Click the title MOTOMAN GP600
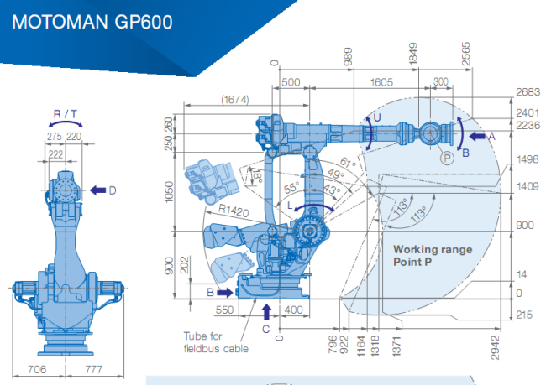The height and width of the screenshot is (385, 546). tap(92, 22)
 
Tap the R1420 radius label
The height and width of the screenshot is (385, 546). tap(234, 210)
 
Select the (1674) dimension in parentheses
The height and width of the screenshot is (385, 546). tap(235, 100)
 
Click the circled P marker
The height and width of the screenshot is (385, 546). tap(447, 159)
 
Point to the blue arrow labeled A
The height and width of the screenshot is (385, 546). tap(477, 136)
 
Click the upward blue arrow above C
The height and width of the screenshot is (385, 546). tap(266, 312)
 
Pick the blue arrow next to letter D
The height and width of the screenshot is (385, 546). tap(97, 190)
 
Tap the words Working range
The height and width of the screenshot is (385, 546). tap(433, 249)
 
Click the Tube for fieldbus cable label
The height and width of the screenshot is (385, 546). tap(216, 342)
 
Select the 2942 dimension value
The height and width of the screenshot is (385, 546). tap(495, 347)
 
